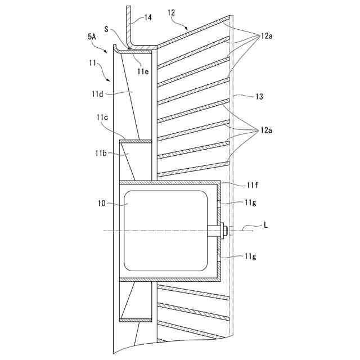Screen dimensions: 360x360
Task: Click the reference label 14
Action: (x=148, y=17)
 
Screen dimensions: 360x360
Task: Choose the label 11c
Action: (x=102, y=117)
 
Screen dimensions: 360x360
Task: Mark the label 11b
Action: (x=102, y=152)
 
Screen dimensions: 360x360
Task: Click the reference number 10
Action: (x=103, y=205)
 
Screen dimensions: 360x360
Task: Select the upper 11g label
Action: (x=251, y=202)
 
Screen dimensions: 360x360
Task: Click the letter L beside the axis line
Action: (x=267, y=225)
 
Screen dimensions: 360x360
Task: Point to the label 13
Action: (x=259, y=97)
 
